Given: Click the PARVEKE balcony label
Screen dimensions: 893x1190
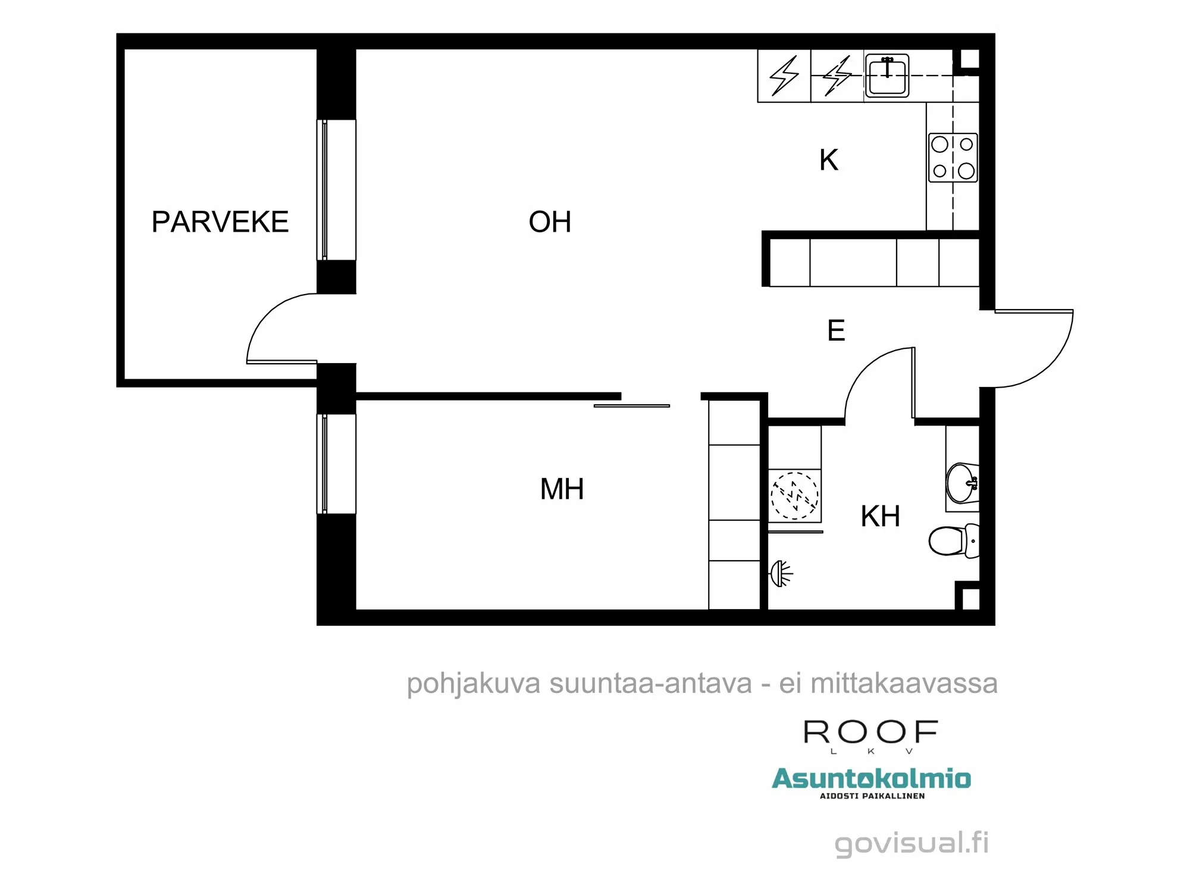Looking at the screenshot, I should point(220,222).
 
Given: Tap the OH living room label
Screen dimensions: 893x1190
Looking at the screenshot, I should point(550,222).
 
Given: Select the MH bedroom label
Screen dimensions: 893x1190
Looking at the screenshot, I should point(562,489).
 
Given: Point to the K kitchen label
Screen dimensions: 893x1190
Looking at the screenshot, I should point(828,160).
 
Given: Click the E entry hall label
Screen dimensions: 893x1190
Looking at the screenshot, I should point(836,330).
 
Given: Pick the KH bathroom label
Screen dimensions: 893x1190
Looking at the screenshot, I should point(880,516).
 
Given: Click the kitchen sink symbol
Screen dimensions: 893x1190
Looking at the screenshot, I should point(887,76).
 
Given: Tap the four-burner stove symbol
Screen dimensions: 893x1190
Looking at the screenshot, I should point(953,158).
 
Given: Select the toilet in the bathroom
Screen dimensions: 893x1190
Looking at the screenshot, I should point(952,541).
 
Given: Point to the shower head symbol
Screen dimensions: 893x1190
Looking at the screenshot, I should point(781,574).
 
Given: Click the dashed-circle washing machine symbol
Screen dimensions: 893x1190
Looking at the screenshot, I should point(794,495).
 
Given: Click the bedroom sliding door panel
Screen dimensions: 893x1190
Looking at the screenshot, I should point(631,406).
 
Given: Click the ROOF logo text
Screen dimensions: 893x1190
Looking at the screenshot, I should point(870,732).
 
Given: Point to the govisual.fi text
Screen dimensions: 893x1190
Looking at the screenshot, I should point(911,843).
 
